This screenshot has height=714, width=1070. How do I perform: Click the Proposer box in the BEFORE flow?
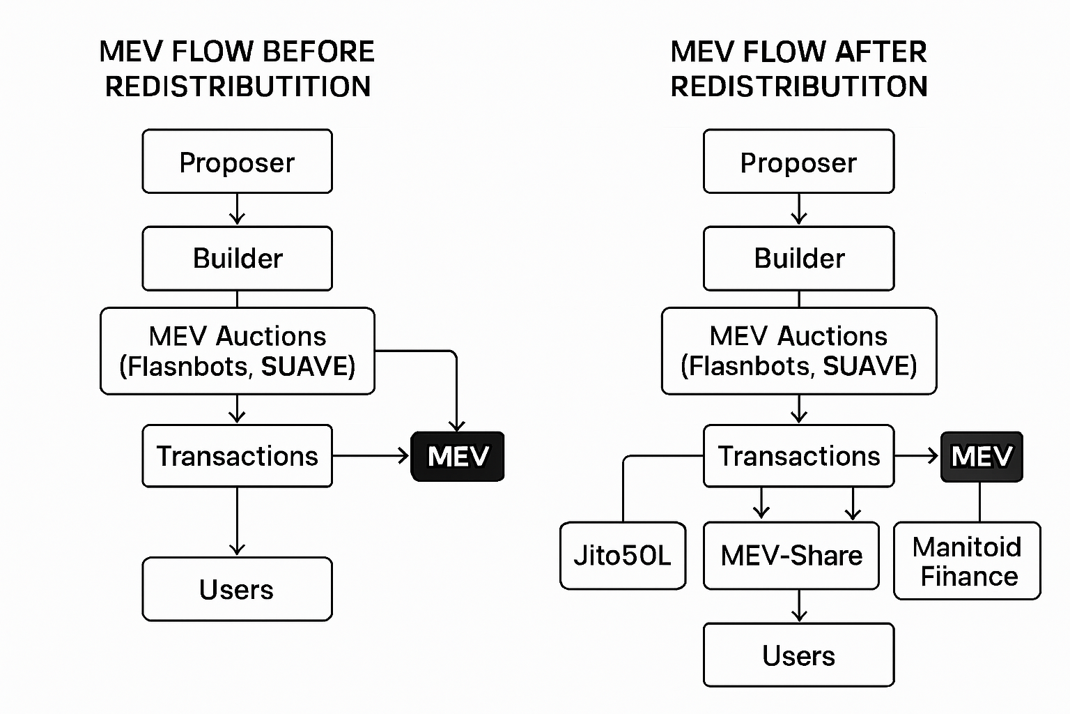click(237, 161)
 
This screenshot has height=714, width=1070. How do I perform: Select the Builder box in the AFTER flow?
click(798, 258)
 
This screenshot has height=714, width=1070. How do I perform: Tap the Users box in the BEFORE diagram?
click(237, 589)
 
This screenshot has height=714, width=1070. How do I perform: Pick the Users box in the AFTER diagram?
click(798, 655)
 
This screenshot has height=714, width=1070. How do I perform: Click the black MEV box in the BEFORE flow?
click(458, 456)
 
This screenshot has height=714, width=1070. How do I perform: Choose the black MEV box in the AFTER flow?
click(982, 456)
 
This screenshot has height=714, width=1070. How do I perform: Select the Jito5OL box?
click(623, 556)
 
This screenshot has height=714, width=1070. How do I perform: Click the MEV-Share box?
click(791, 556)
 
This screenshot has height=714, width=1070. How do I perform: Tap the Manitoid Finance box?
click(967, 561)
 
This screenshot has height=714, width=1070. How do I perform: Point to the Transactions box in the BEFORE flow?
click(237, 456)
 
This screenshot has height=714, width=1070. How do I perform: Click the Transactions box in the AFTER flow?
click(798, 456)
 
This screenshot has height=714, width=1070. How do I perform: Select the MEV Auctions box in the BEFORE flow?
click(237, 351)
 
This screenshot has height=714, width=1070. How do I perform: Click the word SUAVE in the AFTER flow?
click(869, 366)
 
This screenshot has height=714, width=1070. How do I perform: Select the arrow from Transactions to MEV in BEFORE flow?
click(371, 456)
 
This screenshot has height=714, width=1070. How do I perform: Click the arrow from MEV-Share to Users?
click(799, 605)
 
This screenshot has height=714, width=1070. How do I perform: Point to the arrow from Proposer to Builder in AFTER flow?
click(799, 208)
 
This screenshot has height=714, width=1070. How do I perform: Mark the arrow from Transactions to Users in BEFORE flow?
click(237, 520)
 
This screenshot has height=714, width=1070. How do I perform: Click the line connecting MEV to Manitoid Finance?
click(980, 501)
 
